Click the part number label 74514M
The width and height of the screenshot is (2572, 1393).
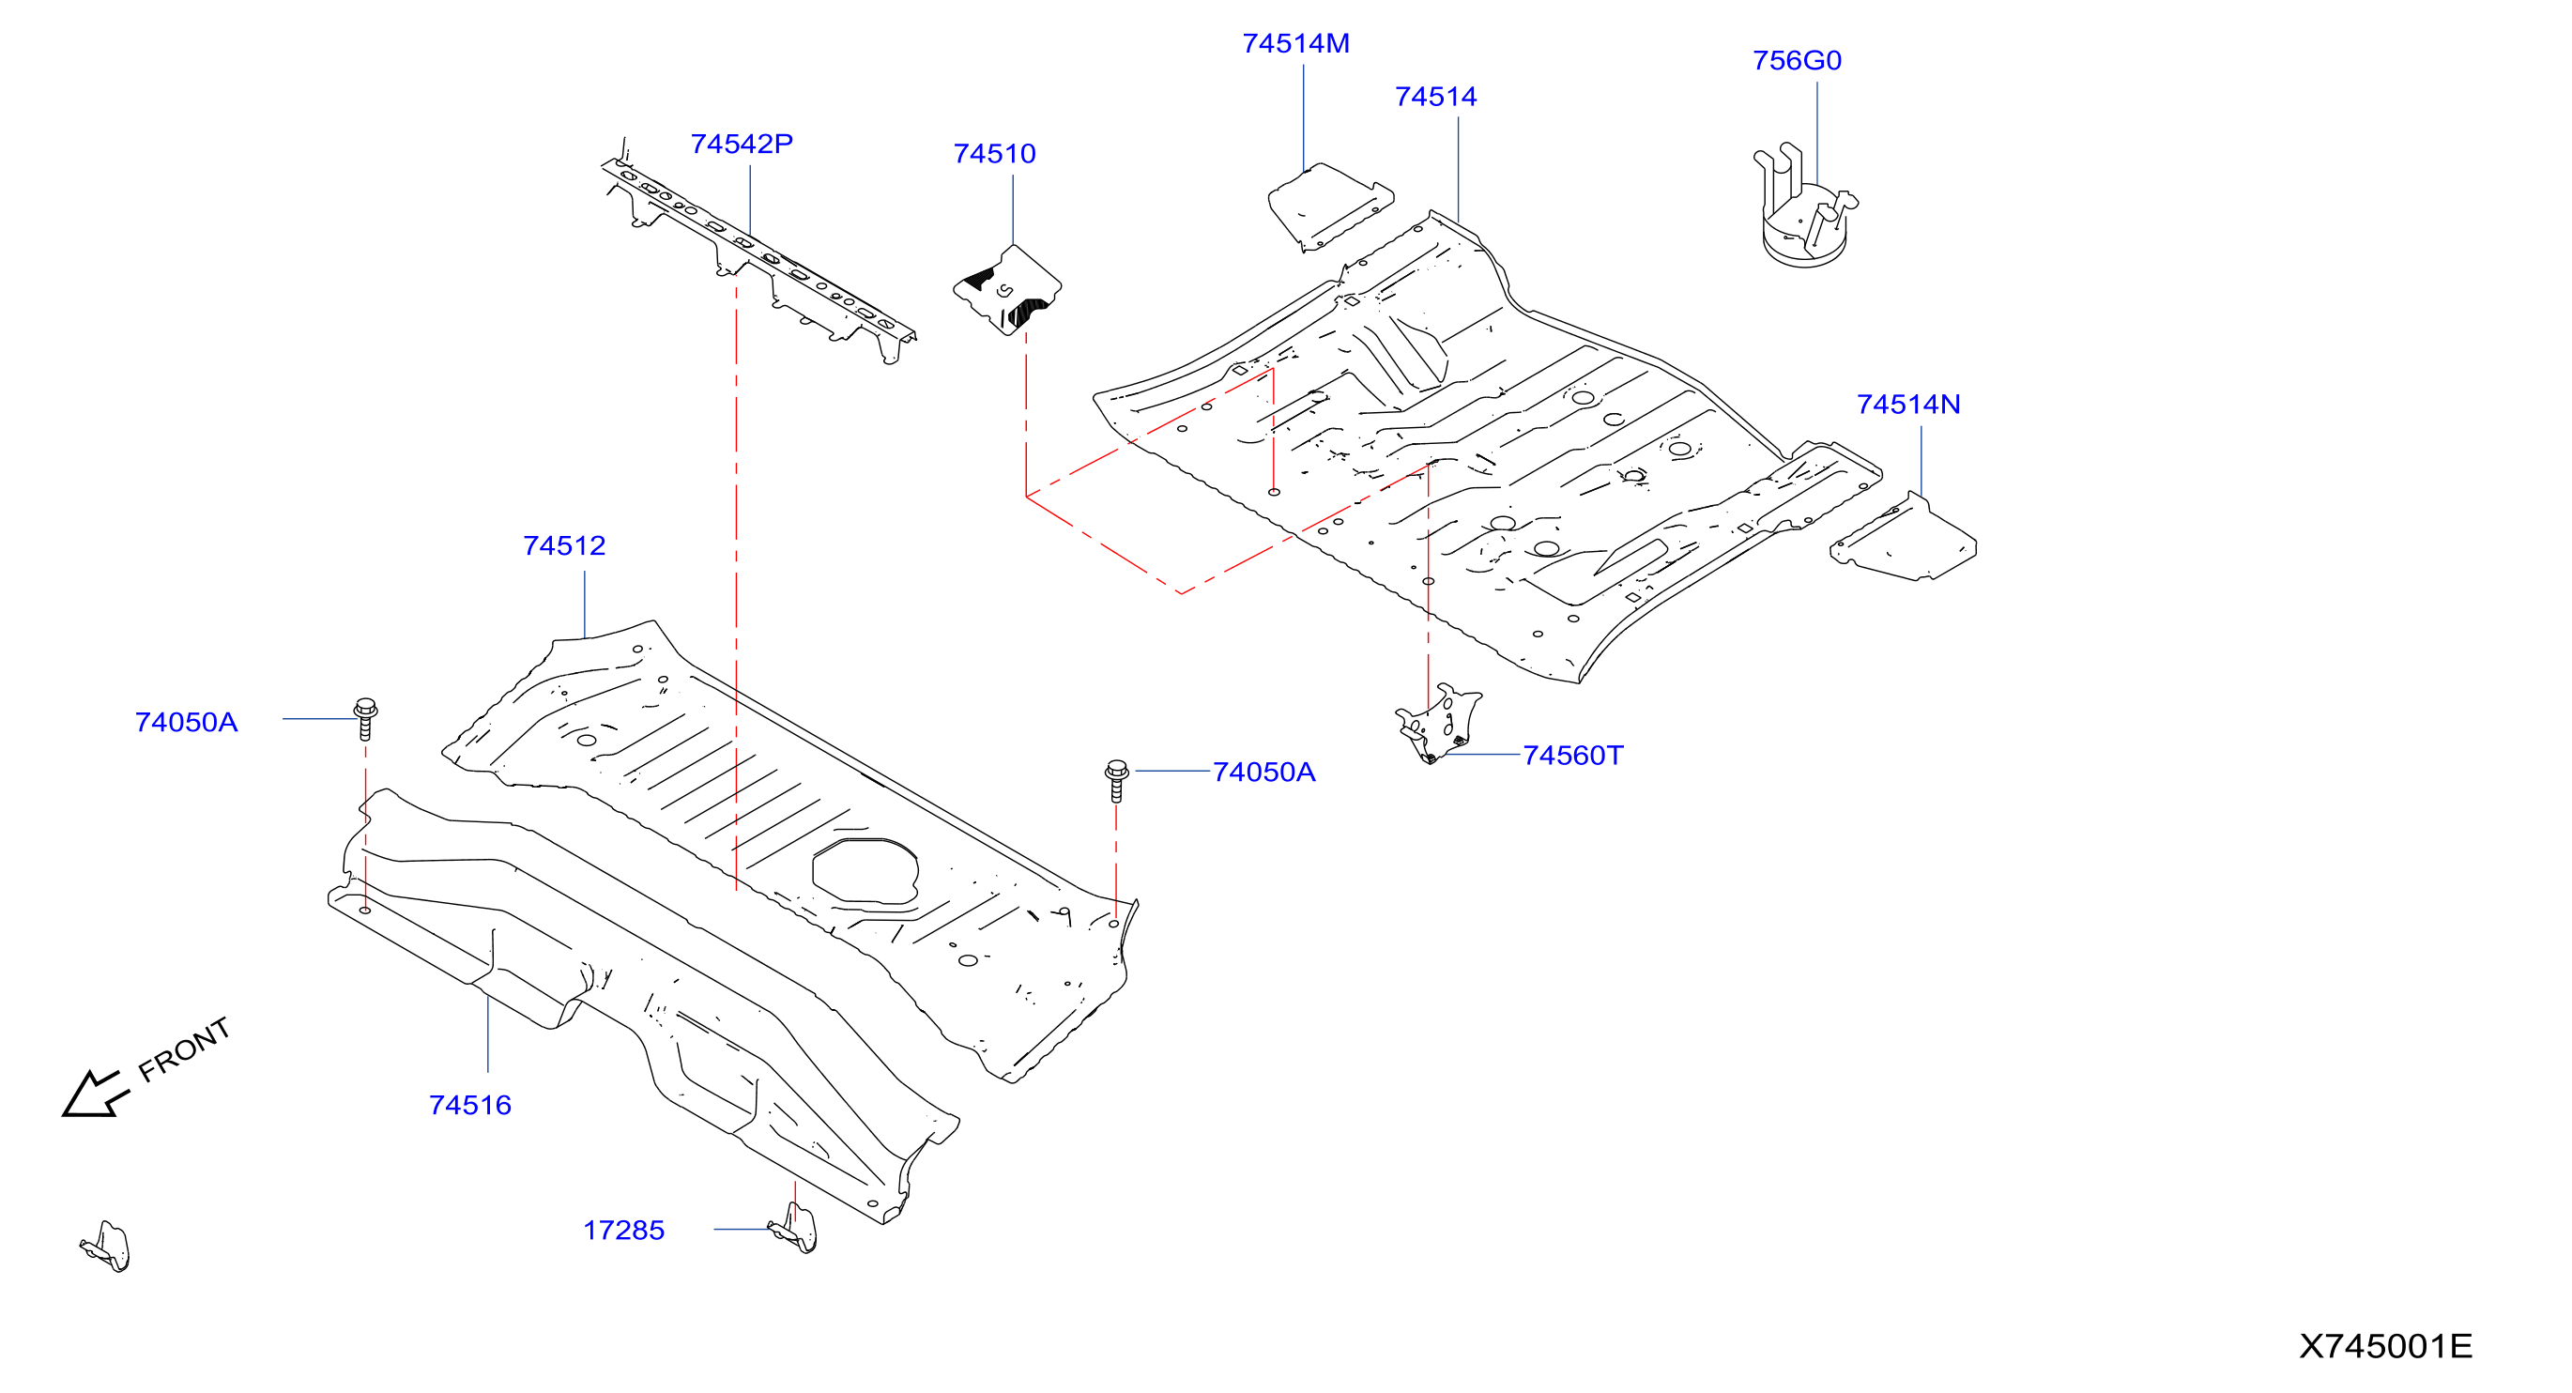pos(1295,44)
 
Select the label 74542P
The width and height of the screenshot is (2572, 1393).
pos(742,144)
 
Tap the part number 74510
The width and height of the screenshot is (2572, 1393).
pos(994,154)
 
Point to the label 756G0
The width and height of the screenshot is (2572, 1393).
pos(1797,61)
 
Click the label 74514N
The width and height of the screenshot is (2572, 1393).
pos(1908,405)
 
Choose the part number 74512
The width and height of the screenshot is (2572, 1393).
pos(564,546)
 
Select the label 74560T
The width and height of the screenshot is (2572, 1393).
pos(1572,756)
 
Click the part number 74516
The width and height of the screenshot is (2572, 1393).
pos(470,1106)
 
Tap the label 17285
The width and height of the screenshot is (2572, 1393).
pos(624,1231)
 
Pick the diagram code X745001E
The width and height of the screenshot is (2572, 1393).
pos(2385,1346)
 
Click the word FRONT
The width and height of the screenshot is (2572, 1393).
pos(185,1049)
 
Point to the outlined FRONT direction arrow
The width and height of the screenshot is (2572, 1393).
pos(95,1094)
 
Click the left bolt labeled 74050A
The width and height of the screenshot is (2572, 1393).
pos(365,719)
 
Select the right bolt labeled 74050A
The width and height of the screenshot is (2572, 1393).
pos(1117,781)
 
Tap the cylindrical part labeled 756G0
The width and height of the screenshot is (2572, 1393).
pos(1803,207)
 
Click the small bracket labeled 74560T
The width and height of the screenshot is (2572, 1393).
pos(1439,723)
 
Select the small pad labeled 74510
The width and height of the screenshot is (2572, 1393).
pos(1006,290)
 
